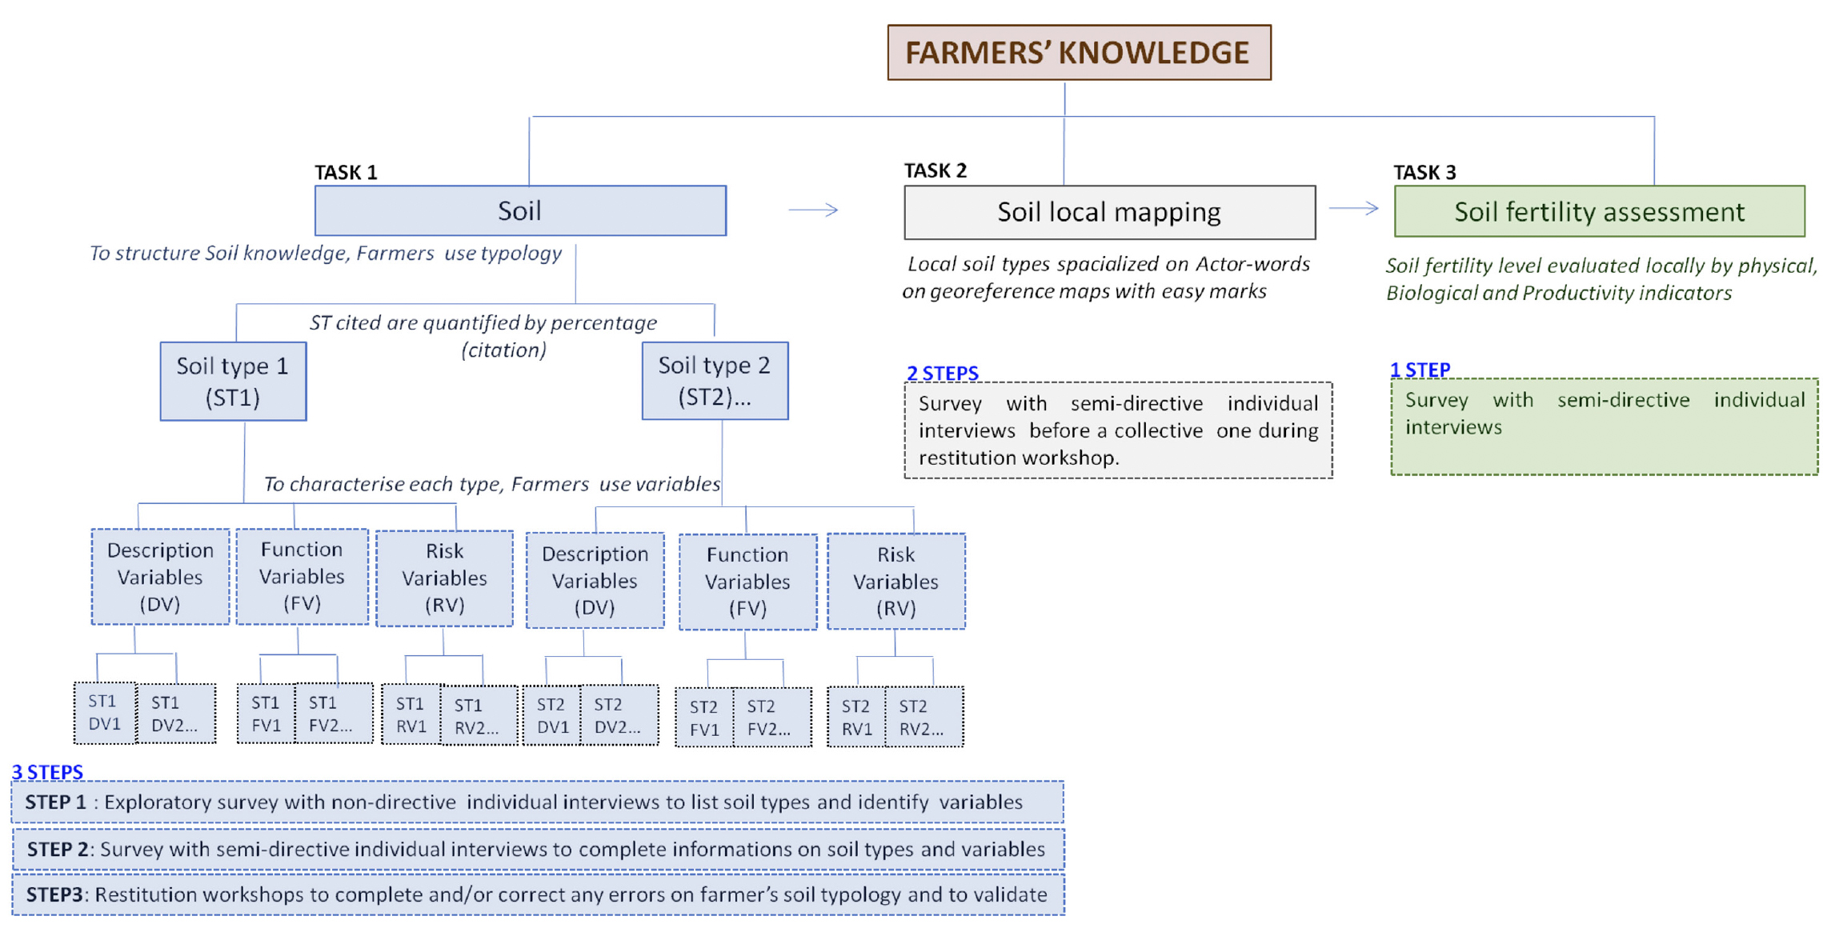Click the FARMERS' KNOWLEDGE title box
click(1079, 52)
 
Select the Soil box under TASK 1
click(520, 210)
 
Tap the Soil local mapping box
click(1109, 212)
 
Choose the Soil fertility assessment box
click(1599, 211)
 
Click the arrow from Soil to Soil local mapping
click(813, 210)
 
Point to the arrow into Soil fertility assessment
click(1354, 208)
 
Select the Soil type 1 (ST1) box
click(233, 381)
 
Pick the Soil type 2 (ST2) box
click(715, 381)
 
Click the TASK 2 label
click(935, 170)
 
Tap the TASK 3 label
click(1424, 172)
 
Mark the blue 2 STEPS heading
click(942, 373)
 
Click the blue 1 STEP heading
click(1420, 370)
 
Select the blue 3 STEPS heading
click(47, 772)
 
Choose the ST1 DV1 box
click(105, 713)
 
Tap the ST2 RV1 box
click(856, 717)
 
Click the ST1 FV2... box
click(334, 714)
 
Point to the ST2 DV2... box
click(619, 715)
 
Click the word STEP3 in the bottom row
click(54, 894)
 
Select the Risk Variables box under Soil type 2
click(896, 582)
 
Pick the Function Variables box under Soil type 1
click(302, 576)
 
